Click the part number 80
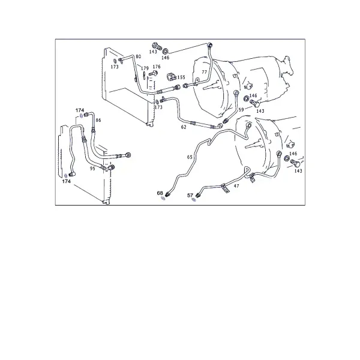coord(138,57)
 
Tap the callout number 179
coord(145,68)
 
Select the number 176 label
coord(157,67)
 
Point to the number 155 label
coord(181,77)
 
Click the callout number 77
coord(204,72)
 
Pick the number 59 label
coord(241,110)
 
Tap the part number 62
coord(184,127)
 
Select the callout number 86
coord(98,120)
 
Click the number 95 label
coord(92,169)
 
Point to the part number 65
coord(190,157)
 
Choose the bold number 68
coord(160,193)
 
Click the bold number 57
coord(190,195)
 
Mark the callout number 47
coord(236,186)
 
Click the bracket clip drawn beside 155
coord(171,77)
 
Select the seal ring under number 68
coord(163,198)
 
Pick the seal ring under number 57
coord(194,200)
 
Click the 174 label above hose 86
coord(80,110)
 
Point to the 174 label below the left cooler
coord(67,181)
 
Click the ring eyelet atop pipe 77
coord(209,45)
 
